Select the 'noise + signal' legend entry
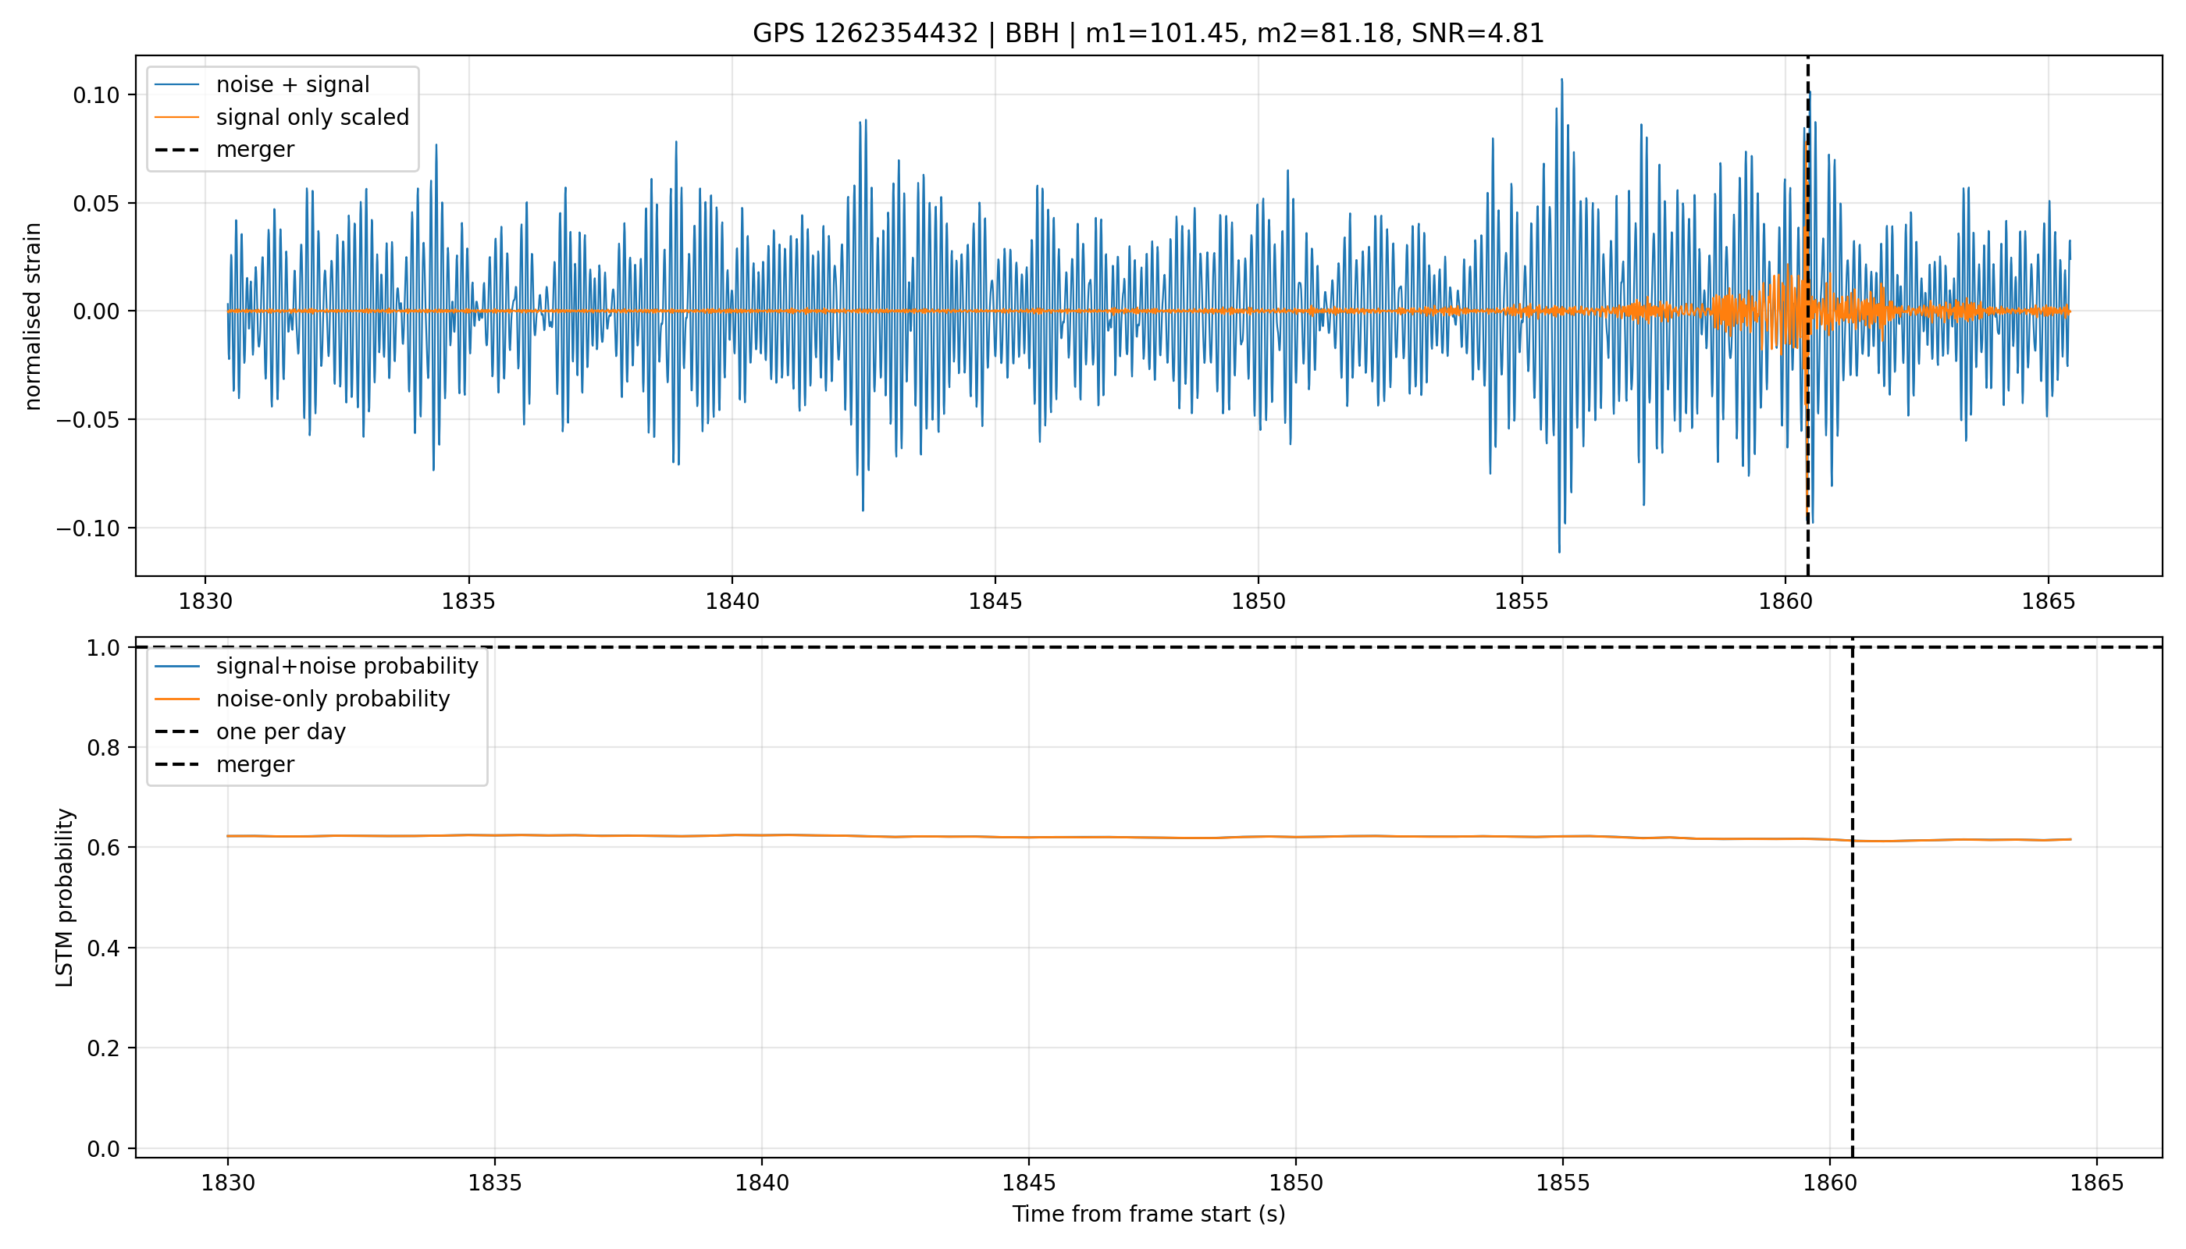coord(293,84)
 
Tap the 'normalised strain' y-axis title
coord(33,316)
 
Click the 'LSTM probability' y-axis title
coord(66,897)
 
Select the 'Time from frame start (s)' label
coord(1148,1214)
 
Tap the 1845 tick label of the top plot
coord(995,601)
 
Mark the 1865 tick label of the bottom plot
coord(2097,1183)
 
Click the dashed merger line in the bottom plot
coord(1853,897)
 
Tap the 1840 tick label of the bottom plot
coord(762,1183)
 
